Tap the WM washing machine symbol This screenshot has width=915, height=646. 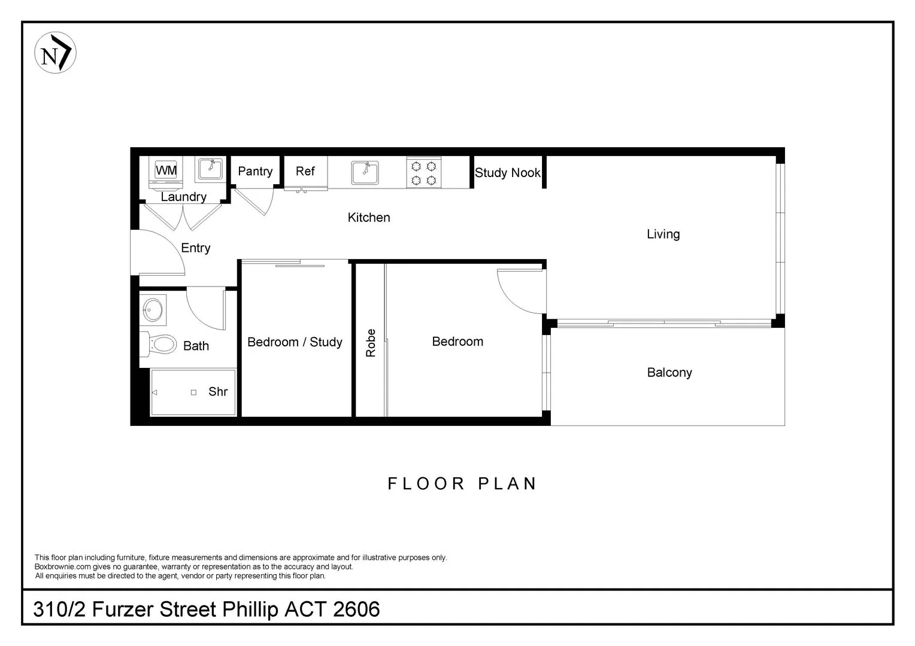pos(166,170)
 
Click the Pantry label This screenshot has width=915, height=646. pos(255,171)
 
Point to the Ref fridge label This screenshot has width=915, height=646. pos(305,171)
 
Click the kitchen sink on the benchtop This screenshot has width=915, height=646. pos(365,173)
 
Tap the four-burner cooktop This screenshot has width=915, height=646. pos(424,173)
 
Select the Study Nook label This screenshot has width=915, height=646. pos(507,173)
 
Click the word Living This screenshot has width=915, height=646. pos(663,234)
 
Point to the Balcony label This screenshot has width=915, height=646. pos(669,373)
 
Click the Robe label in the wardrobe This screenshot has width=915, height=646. pos(371,343)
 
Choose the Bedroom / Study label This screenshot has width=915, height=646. pos(295,342)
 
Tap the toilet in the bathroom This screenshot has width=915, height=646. pos(160,344)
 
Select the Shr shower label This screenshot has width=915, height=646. pos(218,392)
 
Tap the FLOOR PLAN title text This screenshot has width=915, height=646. pos(462,483)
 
